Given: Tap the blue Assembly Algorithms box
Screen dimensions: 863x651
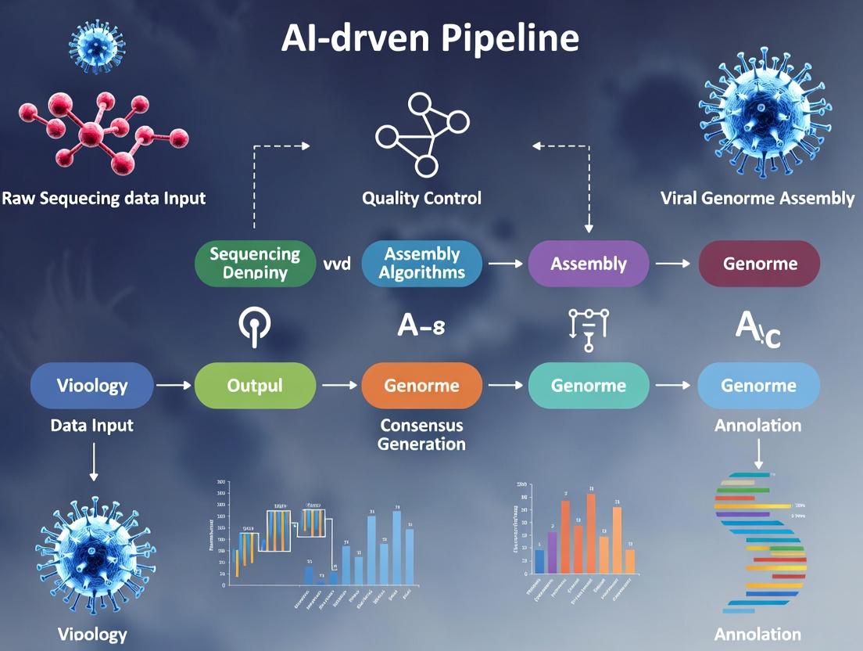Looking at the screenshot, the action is pyautogui.click(x=422, y=263).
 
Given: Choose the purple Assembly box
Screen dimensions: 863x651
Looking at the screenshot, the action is pyautogui.click(x=589, y=263).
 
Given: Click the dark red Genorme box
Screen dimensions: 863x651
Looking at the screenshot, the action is pyautogui.click(x=759, y=263).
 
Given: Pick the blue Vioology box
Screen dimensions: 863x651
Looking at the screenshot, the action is pyautogui.click(x=92, y=385).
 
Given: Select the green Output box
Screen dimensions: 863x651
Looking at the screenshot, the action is pyautogui.click(x=255, y=385).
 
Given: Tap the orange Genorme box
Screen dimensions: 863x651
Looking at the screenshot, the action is pyautogui.click(x=422, y=385).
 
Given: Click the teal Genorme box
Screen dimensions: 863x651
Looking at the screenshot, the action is pyautogui.click(x=589, y=385).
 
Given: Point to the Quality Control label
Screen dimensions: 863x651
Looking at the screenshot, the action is pyautogui.click(x=421, y=198).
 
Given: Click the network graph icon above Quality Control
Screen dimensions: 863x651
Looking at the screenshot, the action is pyautogui.click(x=422, y=133).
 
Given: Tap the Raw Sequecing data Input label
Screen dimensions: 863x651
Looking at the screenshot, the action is pyautogui.click(x=103, y=198).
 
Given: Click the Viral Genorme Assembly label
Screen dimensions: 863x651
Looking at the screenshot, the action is pyautogui.click(x=757, y=198).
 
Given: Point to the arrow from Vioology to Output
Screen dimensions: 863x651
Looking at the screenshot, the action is pyautogui.click(x=174, y=385).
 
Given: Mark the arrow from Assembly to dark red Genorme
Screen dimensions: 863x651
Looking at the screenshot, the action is pyautogui.click(x=673, y=264).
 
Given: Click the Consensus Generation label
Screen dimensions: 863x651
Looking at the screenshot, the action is pyautogui.click(x=421, y=434).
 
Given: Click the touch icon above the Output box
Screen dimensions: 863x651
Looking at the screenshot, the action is pyautogui.click(x=254, y=325).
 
